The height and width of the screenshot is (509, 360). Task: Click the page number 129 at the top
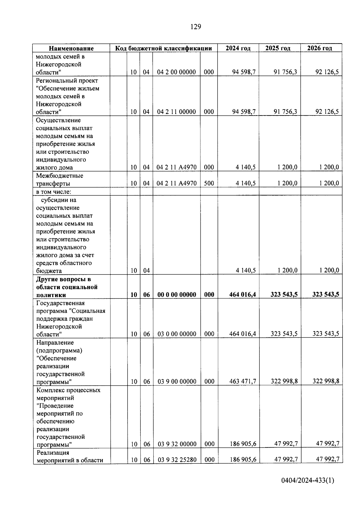(x=196, y=27)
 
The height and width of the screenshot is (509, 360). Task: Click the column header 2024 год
(x=238, y=48)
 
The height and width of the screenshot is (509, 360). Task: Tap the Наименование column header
(x=71, y=48)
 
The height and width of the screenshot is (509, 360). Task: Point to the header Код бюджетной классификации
(x=164, y=48)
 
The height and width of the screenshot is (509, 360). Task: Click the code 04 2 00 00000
(x=176, y=72)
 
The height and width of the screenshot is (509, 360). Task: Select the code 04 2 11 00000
(x=176, y=112)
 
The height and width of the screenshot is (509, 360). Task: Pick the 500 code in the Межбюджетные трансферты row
(x=209, y=183)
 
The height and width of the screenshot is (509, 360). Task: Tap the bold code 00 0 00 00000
(x=177, y=295)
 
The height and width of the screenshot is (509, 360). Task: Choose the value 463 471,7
(x=242, y=382)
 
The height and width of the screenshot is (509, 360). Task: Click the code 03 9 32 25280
(x=177, y=460)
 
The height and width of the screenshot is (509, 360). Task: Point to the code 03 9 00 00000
(x=177, y=382)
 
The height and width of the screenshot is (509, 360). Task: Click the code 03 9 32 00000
(x=177, y=444)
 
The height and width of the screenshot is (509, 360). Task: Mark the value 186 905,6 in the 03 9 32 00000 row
(x=243, y=444)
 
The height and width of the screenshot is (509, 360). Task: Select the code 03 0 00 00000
(x=177, y=334)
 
